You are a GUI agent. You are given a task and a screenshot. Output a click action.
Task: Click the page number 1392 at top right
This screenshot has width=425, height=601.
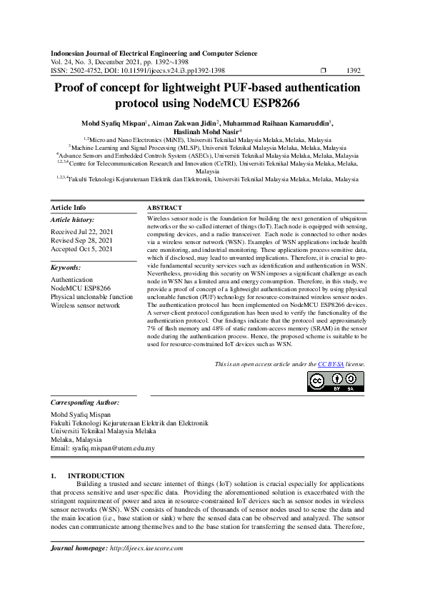(353, 71)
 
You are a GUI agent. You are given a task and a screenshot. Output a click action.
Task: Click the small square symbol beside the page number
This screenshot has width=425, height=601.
(324, 71)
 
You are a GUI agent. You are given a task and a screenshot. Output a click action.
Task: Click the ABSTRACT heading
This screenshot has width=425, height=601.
(164, 207)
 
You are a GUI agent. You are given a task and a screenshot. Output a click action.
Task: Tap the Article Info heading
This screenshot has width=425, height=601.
(69, 207)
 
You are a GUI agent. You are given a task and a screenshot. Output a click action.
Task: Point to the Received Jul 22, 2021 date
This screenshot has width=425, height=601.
(81, 232)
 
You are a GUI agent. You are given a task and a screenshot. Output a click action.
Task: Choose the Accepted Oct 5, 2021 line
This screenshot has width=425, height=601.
(81, 249)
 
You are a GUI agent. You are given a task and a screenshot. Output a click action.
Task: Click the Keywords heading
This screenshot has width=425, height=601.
(66, 267)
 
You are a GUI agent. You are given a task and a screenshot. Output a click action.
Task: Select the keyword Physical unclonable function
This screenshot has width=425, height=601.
(91, 296)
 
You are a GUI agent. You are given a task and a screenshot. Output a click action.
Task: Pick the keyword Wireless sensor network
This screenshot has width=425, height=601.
(85, 305)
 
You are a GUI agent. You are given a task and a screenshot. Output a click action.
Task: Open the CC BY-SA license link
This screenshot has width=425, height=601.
(327, 364)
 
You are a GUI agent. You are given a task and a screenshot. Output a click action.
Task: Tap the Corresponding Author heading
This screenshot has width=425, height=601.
(84, 403)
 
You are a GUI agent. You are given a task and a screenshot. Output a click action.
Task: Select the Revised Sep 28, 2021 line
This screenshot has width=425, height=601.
(81, 241)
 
